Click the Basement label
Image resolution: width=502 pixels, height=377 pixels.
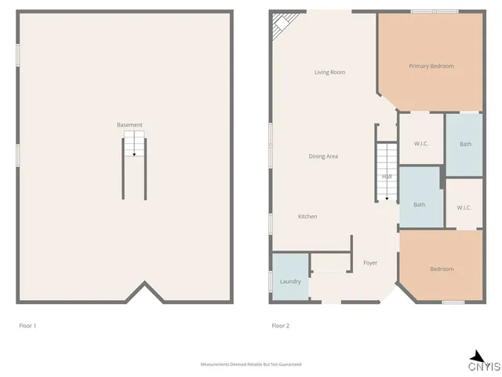pos(129,125)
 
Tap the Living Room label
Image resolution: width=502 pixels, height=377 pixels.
pos(329,72)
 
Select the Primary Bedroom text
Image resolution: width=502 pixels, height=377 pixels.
pos(431,66)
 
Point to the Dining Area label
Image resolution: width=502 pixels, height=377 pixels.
pos(323,156)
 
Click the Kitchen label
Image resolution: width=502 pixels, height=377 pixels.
pos(307,216)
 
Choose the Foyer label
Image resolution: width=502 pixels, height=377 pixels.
pos(370,262)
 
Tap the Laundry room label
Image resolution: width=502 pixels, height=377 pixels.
pos(290,281)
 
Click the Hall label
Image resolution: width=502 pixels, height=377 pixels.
pos(387,177)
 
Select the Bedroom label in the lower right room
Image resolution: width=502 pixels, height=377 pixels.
pos(442,269)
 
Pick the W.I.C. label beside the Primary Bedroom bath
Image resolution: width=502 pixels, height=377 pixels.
pos(421,144)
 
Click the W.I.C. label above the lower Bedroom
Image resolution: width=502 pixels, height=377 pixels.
pos(464,207)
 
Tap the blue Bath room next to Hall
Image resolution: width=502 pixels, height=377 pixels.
pos(420,205)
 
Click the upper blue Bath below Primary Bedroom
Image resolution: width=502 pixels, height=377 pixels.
pos(465,144)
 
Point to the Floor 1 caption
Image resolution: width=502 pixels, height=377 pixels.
pos(27,325)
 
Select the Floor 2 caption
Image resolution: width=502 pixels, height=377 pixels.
pos(280,325)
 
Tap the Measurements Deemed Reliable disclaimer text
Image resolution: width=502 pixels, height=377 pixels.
pos(251,364)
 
